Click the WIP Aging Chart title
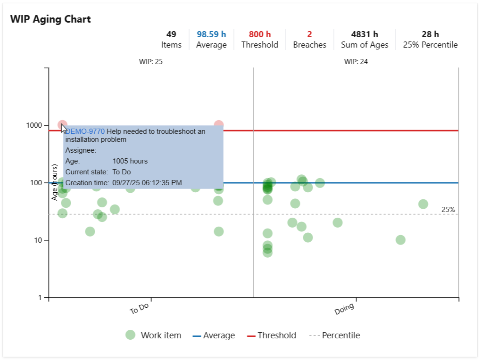[x=50, y=19]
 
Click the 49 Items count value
[x=171, y=34]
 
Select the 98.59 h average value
[x=211, y=34]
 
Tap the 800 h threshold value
[x=260, y=34]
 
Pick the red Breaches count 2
[x=309, y=34]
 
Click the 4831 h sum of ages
[x=365, y=34]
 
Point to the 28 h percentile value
[x=430, y=34]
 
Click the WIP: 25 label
[x=151, y=62]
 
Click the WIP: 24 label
[x=356, y=62]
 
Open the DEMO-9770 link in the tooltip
[x=85, y=131]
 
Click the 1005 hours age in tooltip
[x=130, y=161]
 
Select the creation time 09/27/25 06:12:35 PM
[x=147, y=183]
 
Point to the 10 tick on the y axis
[x=38, y=240]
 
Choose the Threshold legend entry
[x=276, y=335]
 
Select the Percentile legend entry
[x=340, y=335]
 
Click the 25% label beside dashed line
[x=448, y=210]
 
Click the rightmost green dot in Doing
[x=423, y=204]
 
